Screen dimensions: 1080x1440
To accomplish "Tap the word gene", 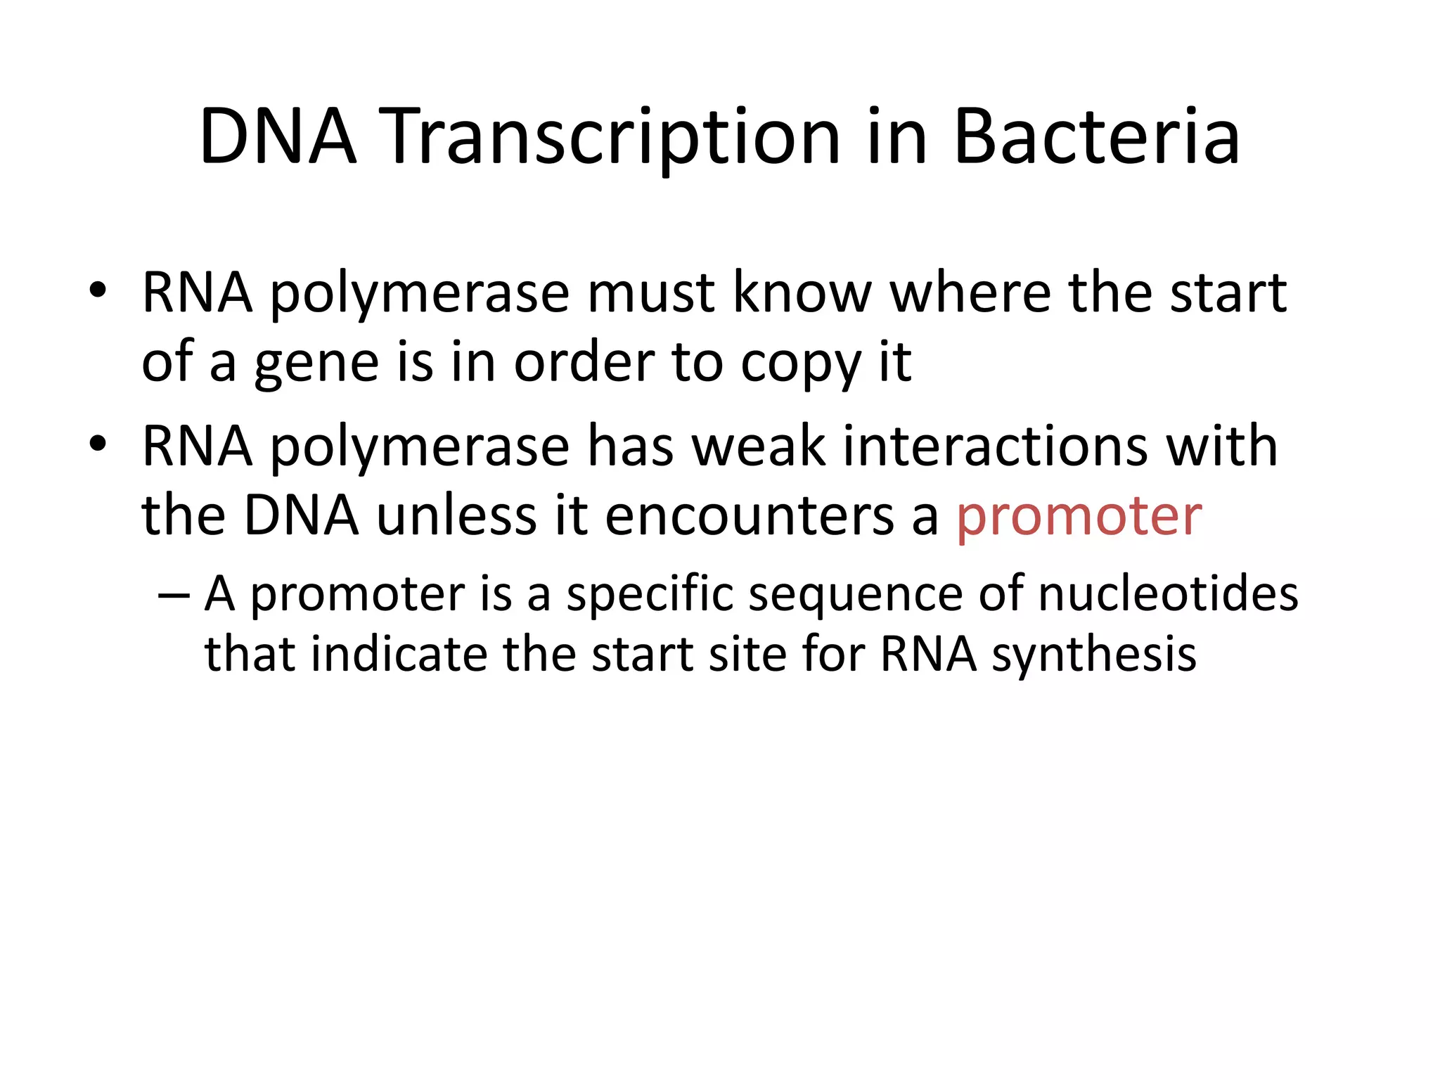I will pos(316,364).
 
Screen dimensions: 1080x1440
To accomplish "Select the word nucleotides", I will pos(1167,594).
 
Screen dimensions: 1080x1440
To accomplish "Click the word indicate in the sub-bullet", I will pos(399,654).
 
